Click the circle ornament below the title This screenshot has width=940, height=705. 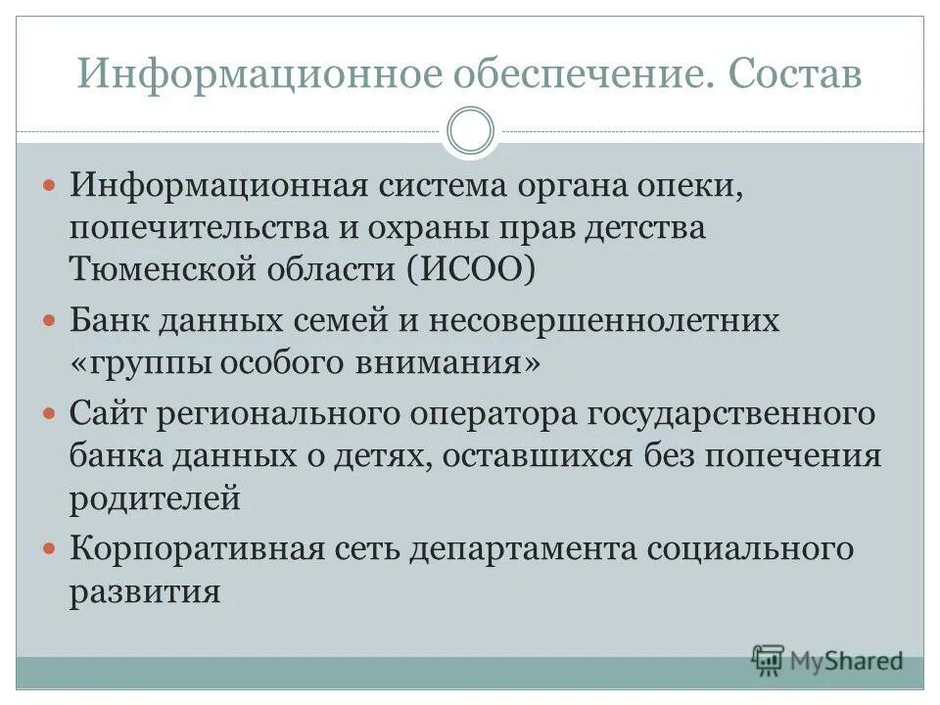point(470,130)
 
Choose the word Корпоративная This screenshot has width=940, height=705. point(196,549)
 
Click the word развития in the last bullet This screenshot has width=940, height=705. point(144,591)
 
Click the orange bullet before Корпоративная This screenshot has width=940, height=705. point(52,549)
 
